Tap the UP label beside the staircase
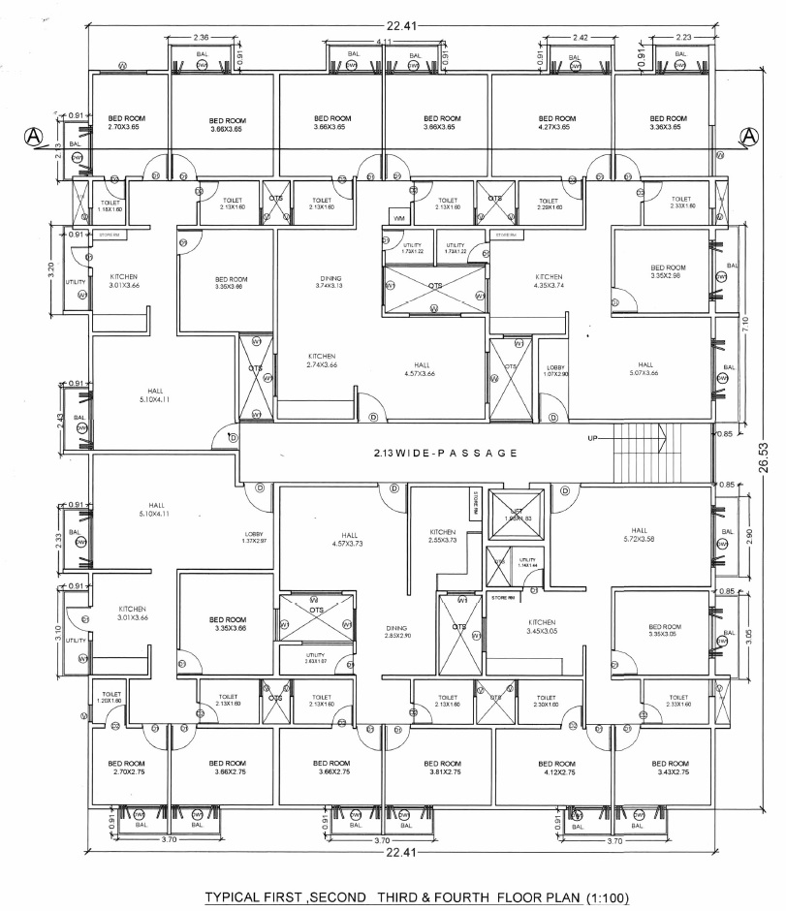click(592, 439)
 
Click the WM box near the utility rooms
click(399, 216)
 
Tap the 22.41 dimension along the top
click(393, 26)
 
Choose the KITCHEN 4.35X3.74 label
click(548, 282)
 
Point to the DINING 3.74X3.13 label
click(329, 282)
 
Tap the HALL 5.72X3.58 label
click(639, 535)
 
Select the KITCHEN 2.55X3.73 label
click(443, 536)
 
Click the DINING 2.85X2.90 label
click(396, 631)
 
